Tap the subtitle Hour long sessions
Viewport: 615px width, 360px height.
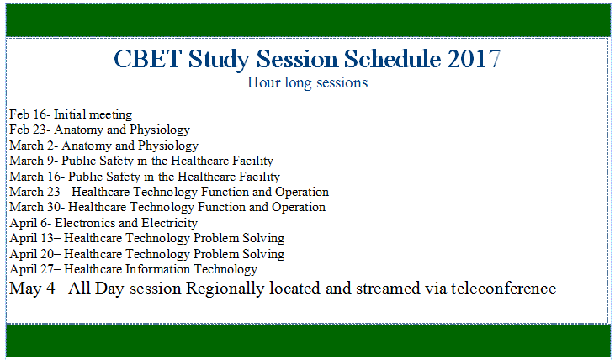pos(307,83)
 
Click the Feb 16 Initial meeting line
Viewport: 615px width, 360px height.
pos(71,114)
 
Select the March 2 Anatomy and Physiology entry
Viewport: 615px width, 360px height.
pos(103,146)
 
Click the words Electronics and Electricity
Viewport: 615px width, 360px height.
pos(126,223)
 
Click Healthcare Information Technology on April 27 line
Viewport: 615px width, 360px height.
pos(161,269)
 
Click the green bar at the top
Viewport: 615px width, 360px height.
pos(307,19)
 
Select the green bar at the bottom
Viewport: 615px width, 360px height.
pos(307,340)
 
